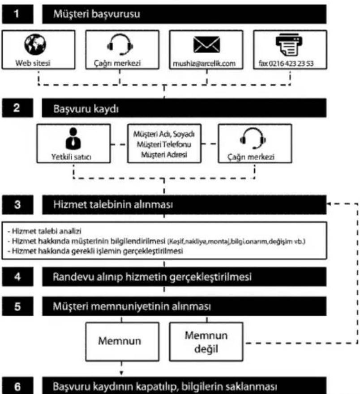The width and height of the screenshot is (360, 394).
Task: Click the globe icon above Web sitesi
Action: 35,44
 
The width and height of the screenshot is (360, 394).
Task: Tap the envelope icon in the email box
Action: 206,44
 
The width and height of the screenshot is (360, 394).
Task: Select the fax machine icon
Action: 289,44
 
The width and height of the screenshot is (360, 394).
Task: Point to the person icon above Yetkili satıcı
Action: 73,139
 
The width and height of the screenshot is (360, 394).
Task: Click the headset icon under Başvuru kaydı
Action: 253,138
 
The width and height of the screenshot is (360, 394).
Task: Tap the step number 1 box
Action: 17,14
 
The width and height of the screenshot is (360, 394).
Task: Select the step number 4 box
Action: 17,277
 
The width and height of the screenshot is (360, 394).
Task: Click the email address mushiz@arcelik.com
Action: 204,64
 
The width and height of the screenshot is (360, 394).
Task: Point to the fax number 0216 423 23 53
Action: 291,64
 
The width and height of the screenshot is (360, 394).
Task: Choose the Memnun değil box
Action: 206,342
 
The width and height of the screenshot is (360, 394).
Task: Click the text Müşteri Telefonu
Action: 164,144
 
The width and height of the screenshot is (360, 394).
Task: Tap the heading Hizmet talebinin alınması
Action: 113,204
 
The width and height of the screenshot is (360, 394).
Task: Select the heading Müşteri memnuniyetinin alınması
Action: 132,306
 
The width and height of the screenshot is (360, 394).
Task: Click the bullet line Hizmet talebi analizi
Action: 44,231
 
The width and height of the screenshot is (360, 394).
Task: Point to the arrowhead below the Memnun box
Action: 121,373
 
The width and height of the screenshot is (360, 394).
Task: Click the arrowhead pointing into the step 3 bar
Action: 329,203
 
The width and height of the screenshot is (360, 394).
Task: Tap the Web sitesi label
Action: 33,63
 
